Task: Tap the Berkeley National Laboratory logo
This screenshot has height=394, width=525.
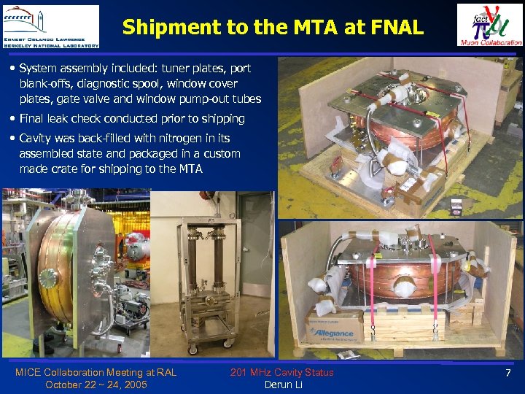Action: click(x=51, y=26)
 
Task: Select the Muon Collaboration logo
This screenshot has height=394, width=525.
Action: click(x=489, y=25)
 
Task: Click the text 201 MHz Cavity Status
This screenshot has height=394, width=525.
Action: click(x=281, y=373)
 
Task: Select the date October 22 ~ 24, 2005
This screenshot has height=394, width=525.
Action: click(x=96, y=385)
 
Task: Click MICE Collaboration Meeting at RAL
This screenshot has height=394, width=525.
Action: click(x=96, y=373)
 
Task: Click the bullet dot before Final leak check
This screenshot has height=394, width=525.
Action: click(x=14, y=118)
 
